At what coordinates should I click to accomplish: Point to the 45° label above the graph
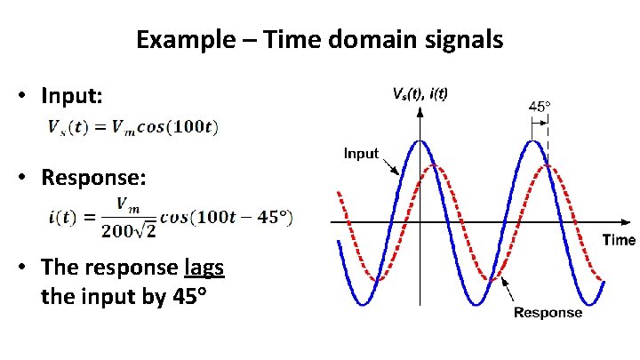click(x=540, y=106)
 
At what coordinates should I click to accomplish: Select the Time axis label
click(x=619, y=240)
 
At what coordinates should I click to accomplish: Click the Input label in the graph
click(x=361, y=154)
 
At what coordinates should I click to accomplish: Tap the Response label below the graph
click(x=548, y=312)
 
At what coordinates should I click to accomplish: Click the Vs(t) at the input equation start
click(x=67, y=126)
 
